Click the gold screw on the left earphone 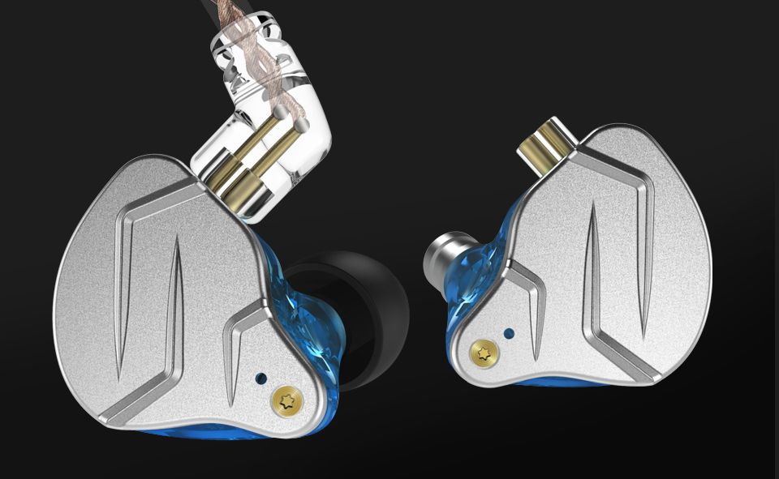click(x=285, y=400)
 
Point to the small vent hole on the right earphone click(x=509, y=332)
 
